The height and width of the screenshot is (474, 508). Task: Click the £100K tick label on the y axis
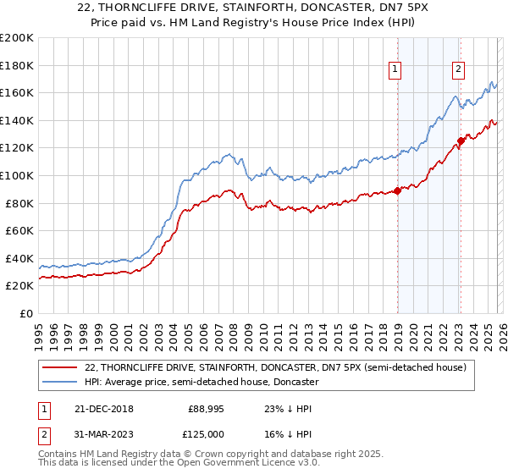[17, 175]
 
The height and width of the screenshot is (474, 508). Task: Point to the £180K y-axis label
[17, 65]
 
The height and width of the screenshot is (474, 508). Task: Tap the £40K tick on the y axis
[19, 258]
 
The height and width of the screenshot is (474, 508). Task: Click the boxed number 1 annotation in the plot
[395, 70]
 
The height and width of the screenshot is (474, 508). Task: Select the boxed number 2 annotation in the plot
[458, 70]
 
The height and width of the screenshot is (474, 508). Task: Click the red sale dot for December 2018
[397, 190]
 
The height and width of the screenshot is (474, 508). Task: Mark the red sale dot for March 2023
[461, 141]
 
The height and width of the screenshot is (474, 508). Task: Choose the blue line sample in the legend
[60, 382]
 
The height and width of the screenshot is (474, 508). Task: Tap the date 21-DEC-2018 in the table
[98, 409]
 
